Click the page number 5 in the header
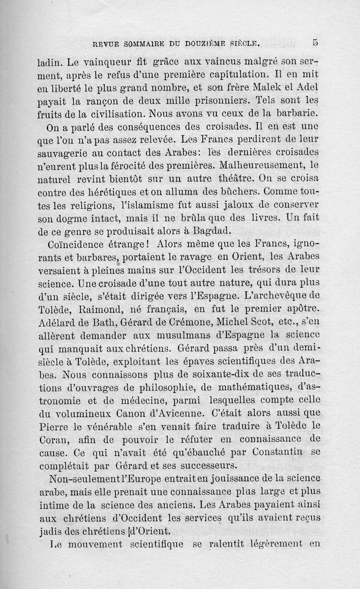[315, 43]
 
